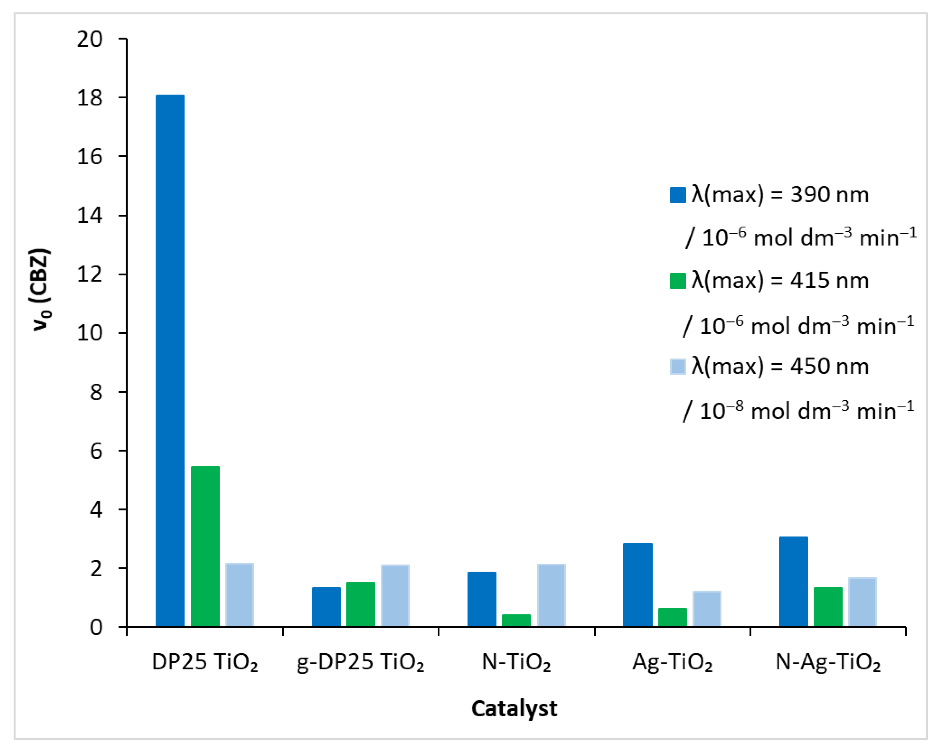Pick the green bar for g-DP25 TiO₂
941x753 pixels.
pyautogui.click(x=361, y=604)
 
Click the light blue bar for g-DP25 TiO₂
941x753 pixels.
pyautogui.click(x=395, y=596)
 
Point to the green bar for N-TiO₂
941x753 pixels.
pyautogui.click(x=516, y=620)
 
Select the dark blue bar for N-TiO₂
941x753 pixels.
pyautogui.click(x=481, y=599)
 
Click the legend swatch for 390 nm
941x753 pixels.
pyautogui.click(x=677, y=195)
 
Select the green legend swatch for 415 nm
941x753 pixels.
pyautogui.click(x=677, y=281)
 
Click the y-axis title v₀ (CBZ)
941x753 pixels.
pyautogui.click(x=41, y=290)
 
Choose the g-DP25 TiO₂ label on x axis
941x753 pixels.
pyautogui.click(x=361, y=662)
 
